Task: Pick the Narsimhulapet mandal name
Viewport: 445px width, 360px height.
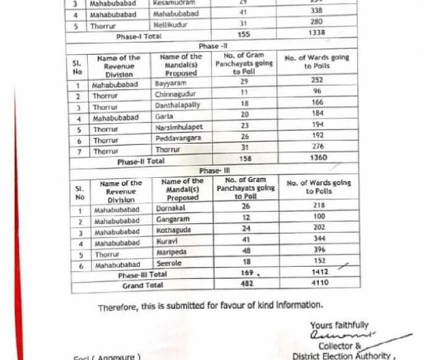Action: click(179, 128)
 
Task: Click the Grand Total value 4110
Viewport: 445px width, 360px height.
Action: click(319, 283)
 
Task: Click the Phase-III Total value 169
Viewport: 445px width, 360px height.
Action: click(246, 274)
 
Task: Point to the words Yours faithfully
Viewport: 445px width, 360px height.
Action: click(339, 326)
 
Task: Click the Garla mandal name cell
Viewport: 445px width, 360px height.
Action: click(164, 116)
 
